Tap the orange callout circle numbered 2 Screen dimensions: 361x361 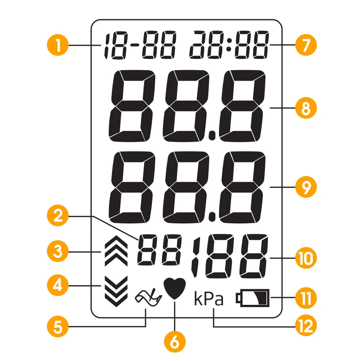click(x=58, y=217)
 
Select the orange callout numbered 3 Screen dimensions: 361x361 click(x=58, y=252)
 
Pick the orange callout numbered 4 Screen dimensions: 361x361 click(x=58, y=286)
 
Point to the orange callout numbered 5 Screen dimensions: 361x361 click(x=58, y=327)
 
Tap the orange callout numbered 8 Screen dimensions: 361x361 click(x=306, y=108)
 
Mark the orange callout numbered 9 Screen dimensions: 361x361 click(x=306, y=187)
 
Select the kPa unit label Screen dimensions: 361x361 click(x=209, y=299)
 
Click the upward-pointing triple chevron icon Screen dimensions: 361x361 click(x=116, y=252)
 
